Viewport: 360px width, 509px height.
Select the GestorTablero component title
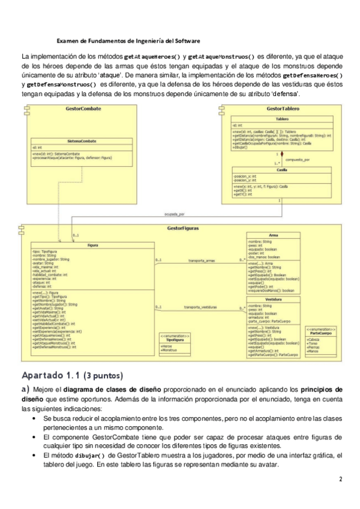click(x=283, y=109)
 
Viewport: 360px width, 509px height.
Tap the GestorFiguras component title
click(x=183, y=229)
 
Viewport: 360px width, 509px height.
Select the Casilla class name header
click(x=281, y=170)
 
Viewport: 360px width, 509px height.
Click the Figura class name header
click(x=92, y=245)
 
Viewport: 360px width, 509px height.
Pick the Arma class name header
click(x=273, y=235)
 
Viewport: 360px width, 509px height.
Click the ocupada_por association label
click(x=174, y=214)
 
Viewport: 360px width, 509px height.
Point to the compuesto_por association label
click(x=298, y=160)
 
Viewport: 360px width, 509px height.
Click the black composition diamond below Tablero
click(x=281, y=154)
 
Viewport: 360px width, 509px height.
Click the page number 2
click(x=340, y=479)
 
